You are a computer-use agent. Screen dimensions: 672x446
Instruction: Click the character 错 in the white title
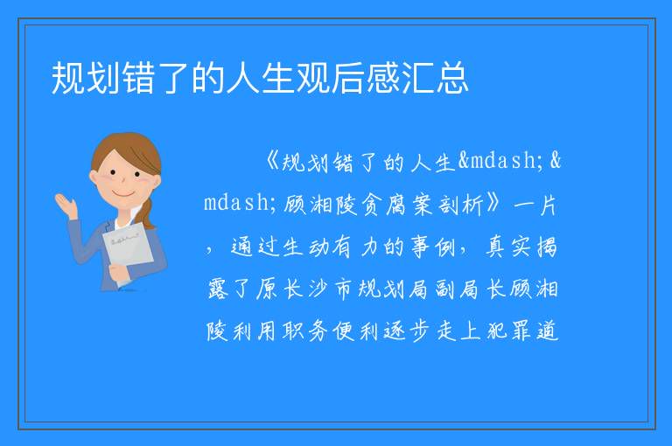pyautogui.click(x=138, y=78)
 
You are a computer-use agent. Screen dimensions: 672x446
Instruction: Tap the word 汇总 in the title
pyautogui.click(x=435, y=78)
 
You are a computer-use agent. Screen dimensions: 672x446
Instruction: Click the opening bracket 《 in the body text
pyautogui.click(x=272, y=162)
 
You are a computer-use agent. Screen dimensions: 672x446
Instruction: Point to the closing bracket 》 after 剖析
pyautogui.click(x=492, y=204)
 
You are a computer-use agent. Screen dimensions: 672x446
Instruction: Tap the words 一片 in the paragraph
pyautogui.click(x=535, y=205)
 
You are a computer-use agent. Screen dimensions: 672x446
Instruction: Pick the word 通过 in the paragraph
pyautogui.click(x=254, y=247)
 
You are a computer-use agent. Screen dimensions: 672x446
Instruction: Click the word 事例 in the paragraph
pyautogui.click(x=433, y=247)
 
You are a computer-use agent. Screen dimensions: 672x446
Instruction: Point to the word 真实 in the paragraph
pyautogui.click(x=508, y=247)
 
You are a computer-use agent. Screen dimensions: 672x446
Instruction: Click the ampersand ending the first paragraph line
pyautogui.click(x=556, y=161)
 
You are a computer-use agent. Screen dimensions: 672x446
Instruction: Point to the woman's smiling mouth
pyautogui.click(x=124, y=194)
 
